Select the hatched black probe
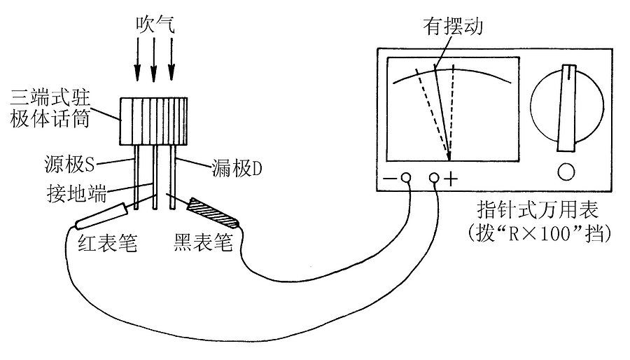coord(213,214)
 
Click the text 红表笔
coord(105,243)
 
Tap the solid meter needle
coord(442,112)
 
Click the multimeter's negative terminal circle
coord(405,179)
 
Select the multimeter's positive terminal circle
coord(435,179)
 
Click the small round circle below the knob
coord(566,172)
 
